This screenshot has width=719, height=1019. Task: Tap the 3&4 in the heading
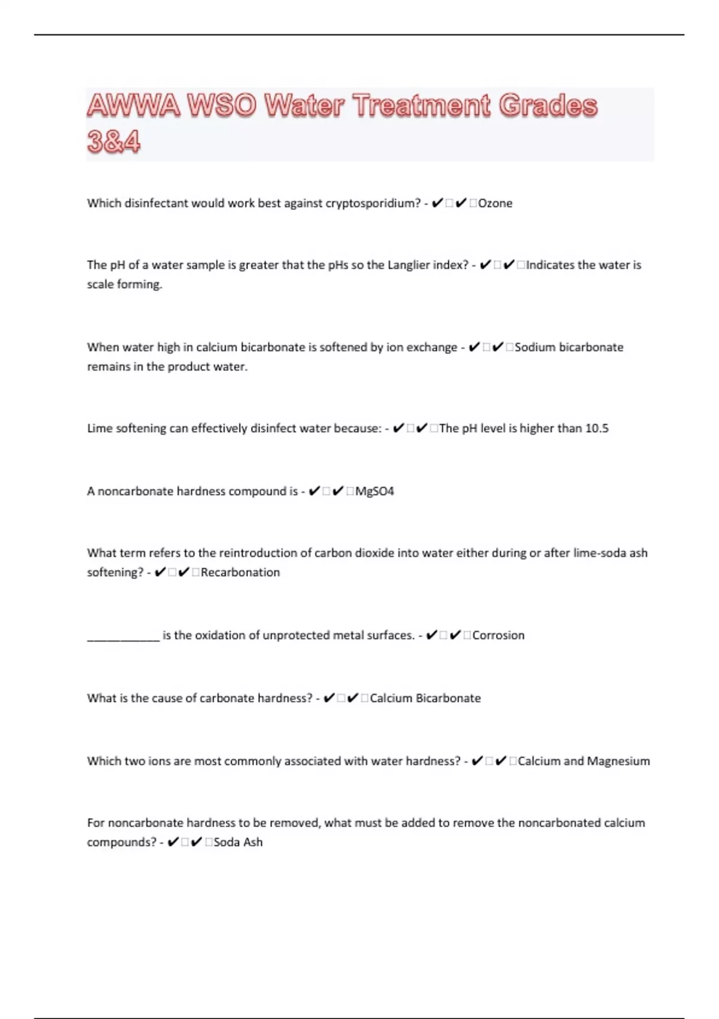114,142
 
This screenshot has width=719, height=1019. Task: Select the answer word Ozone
496,203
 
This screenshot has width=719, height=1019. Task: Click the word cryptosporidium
373,203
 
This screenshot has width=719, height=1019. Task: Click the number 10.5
597,429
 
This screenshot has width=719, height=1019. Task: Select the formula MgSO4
374,492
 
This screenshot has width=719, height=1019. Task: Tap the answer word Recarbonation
240,572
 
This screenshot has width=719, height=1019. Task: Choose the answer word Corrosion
498,635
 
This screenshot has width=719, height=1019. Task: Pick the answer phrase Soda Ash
238,842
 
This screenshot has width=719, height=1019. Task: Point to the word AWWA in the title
134,106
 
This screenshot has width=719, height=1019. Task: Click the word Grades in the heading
548,106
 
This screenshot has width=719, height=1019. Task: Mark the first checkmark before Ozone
437,203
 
